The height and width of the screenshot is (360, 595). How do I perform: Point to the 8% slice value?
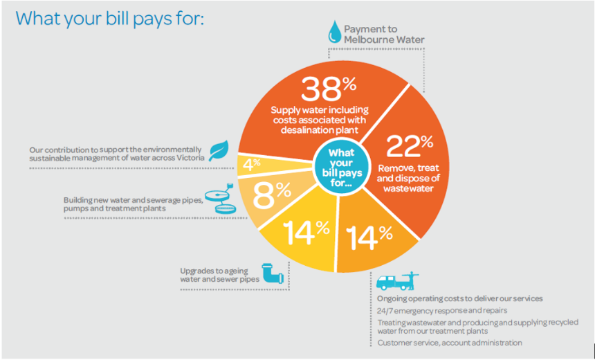tap(273, 197)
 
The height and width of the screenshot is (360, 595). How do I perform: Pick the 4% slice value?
tap(251, 164)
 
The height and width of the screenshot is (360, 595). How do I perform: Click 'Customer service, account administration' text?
tap(450, 343)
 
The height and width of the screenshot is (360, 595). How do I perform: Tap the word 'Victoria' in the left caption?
tap(186, 158)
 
